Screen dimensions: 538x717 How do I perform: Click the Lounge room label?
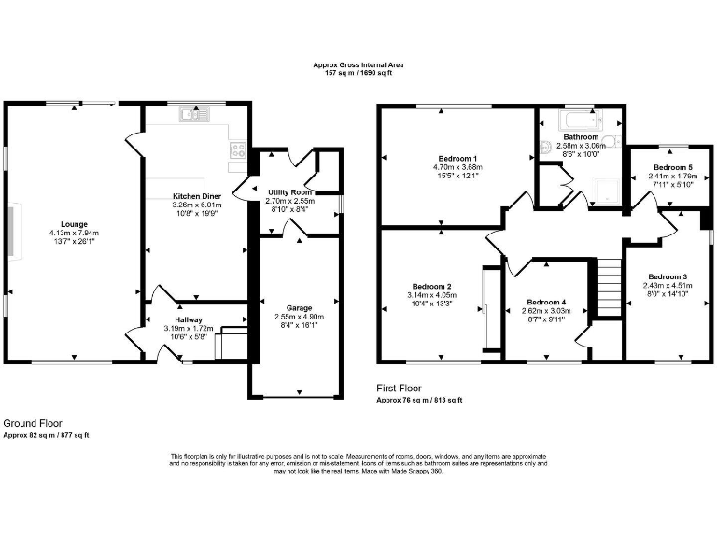(x=75, y=224)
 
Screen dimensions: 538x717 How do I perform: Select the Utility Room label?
(x=289, y=191)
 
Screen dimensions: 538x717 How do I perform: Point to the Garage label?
(x=300, y=307)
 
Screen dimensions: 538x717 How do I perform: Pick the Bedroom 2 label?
(x=431, y=286)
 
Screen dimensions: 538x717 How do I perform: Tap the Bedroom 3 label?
(x=668, y=276)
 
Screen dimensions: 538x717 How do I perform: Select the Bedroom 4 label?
(x=546, y=302)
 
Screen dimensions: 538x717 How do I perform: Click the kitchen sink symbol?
(x=198, y=116)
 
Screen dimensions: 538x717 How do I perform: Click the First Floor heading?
(x=399, y=388)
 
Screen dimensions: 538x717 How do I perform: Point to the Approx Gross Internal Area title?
(x=358, y=66)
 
